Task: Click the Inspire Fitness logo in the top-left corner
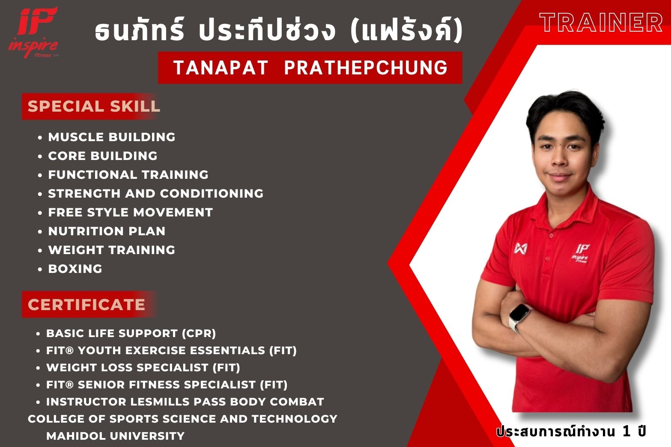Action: [33, 33]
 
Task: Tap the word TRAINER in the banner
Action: [601, 22]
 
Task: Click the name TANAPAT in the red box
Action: [221, 68]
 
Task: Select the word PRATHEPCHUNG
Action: [366, 68]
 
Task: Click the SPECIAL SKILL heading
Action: [94, 106]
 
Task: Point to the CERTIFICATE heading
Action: [86, 305]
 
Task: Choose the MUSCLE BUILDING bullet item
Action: [112, 137]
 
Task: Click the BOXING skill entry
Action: [75, 269]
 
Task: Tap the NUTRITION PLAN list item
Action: [107, 231]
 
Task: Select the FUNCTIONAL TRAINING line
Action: [128, 175]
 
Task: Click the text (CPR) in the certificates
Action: [199, 333]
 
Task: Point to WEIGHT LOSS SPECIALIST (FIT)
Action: [143, 367]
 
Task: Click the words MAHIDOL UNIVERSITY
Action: [115, 436]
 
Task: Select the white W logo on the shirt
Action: [521, 249]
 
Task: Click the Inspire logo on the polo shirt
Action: [581, 253]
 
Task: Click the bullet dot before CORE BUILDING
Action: [40, 156]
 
